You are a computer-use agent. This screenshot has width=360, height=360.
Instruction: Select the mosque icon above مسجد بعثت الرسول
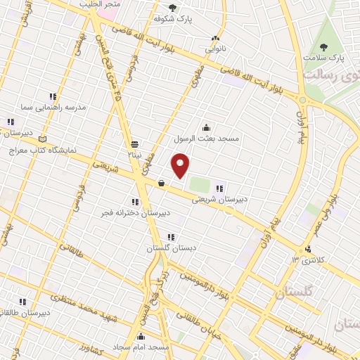coord(206,128)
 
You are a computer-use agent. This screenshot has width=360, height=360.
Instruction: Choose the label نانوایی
coord(216,50)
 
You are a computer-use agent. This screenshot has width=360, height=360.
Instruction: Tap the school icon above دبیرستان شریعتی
coord(220,188)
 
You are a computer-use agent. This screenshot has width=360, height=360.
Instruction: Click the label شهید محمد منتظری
coord(84,309)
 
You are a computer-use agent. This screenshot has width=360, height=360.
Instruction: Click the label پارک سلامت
coord(326,57)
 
